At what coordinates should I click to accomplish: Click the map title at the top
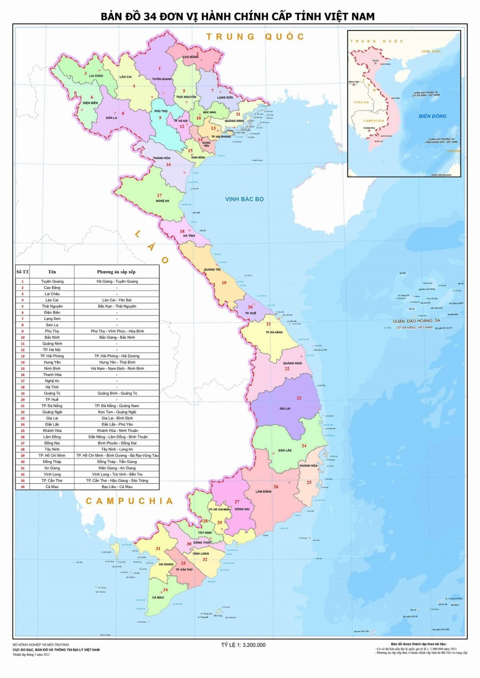(238, 16)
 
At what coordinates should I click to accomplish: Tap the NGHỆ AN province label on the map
(162, 201)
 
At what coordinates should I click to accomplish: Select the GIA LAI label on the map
(285, 409)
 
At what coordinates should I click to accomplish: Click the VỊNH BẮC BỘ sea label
(244, 199)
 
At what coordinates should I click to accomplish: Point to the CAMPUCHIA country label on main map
(129, 501)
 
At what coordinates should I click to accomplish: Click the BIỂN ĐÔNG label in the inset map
(432, 116)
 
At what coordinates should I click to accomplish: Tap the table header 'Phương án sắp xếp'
(116, 272)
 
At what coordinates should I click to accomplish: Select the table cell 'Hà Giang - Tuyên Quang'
(117, 281)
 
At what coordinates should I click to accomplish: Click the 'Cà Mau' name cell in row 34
(52, 487)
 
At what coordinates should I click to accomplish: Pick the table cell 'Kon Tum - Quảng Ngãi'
(117, 412)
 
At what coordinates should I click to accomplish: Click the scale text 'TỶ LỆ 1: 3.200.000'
(243, 645)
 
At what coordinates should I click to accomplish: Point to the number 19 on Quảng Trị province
(224, 283)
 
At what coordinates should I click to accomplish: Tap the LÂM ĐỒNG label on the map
(263, 491)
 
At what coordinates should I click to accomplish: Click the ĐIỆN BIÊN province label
(90, 103)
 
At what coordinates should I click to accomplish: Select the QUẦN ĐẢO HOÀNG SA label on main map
(416, 321)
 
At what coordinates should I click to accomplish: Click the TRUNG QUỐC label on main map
(255, 37)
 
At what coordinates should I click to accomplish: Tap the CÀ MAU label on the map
(158, 598)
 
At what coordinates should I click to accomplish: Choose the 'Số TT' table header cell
(23, 272)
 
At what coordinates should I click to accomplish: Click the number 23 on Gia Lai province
(299, 398)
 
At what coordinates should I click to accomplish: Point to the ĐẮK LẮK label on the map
(285, 451)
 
